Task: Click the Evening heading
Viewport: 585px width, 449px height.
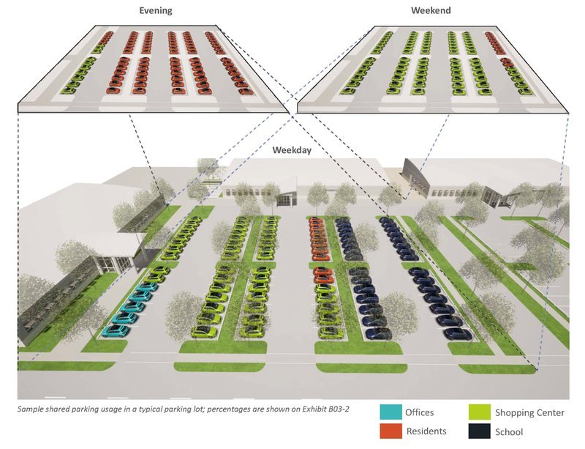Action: click(x=156, y=10)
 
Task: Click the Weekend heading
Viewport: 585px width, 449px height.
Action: click(x=431, y=10)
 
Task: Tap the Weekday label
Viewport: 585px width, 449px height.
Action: click(x=292, y=150)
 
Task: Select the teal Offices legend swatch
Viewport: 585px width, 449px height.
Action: click(x=391, y=412)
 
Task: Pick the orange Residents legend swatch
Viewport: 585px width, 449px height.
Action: click(x=391, y=431)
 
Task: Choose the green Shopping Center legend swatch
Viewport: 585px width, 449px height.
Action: click(x=480, y=412)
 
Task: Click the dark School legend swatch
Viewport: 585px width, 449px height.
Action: click(x=480, y=431)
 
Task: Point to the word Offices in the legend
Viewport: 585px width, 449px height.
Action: click(x=420, y=412)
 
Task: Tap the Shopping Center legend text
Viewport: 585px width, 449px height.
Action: click(x=529, y=412)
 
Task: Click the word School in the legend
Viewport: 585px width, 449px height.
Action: click(x=509, y=432)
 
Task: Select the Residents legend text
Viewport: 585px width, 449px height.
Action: click(x=426, y=431)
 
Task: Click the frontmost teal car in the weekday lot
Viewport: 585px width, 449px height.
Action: click(x=116, y=331)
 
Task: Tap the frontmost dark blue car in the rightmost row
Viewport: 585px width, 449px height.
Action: click(x=458, y=333)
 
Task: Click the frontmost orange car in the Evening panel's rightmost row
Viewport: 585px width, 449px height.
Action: click(x=246, y=91)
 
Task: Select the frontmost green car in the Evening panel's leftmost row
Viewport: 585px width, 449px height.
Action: click(x=69, y=90)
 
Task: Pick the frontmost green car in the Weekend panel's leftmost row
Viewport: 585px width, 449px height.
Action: click(x=348, y=91)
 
